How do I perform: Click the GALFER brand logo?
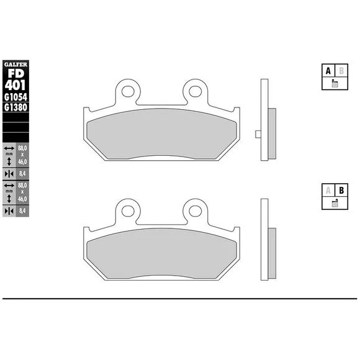(x=16, y=65)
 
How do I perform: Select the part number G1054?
(x=16, y=97)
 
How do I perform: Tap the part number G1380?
(x=16, y=107)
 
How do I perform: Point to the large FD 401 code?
(x=16, y=79)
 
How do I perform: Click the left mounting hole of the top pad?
(x=128, y=91)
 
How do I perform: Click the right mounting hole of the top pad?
(x=195, y=91)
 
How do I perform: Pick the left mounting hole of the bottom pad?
(x=128, y=211)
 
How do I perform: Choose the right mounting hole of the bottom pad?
(x=195, y=211)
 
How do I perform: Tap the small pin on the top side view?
(x=258, y=134)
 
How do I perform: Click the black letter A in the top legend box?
(x=328, y=71)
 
